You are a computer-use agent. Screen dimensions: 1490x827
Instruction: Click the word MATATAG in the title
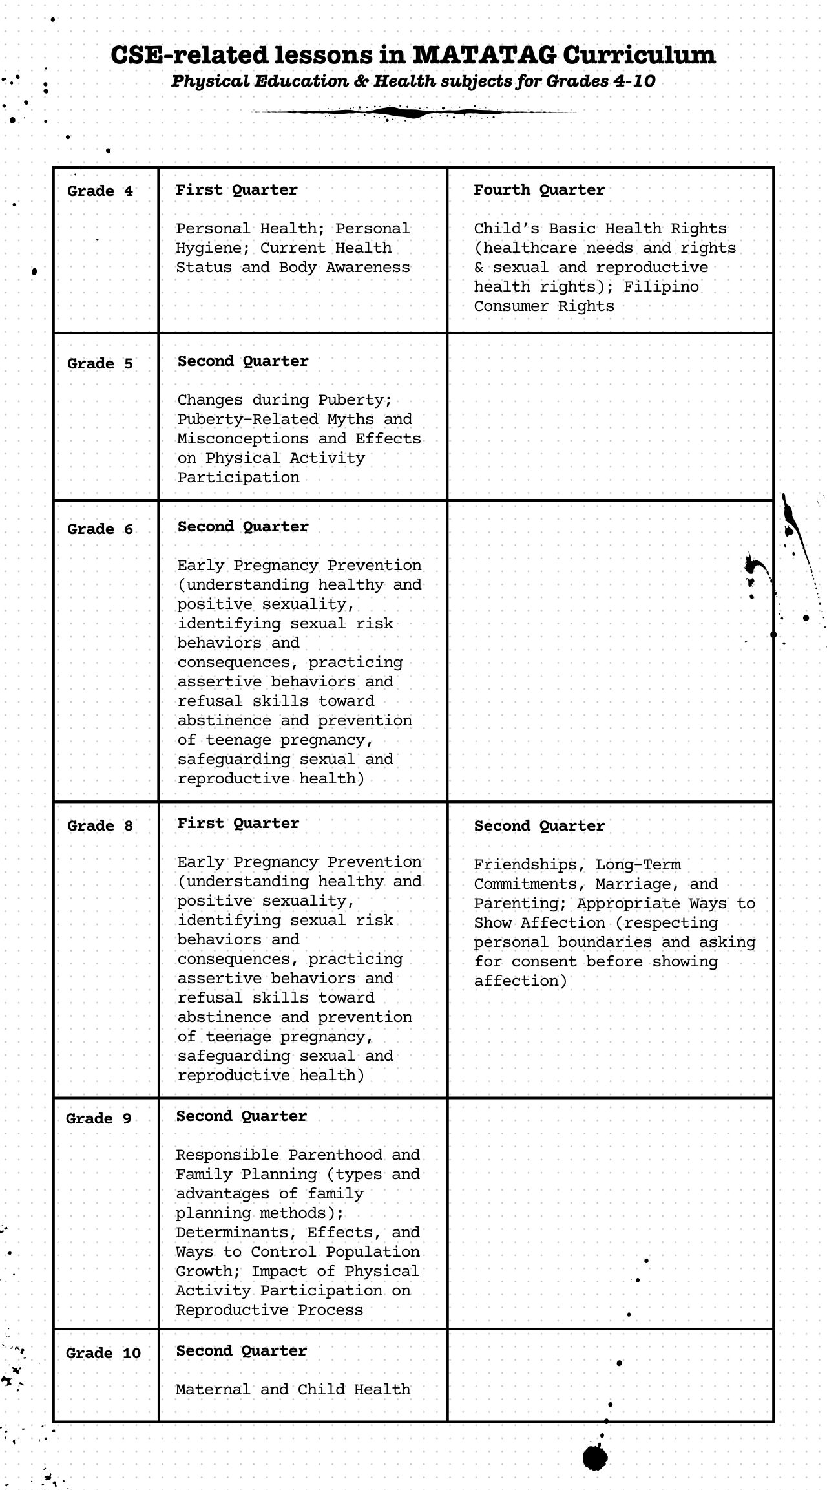click(x=484, y=56)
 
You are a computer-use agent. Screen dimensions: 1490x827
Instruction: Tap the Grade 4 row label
click(x=100, y=191)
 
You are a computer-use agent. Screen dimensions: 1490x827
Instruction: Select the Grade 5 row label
click(x=100, y=364)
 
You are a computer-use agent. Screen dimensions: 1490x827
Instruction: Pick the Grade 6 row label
click(x=100, y=529)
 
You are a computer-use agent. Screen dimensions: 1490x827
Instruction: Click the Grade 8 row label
click(x=100, y=826)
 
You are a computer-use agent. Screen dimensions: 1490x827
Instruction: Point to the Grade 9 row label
click(x=99, y=1119)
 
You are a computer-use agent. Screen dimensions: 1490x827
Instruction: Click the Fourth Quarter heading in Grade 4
click(x=539, y=190)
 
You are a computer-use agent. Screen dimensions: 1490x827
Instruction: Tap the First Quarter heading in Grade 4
click(x=236, y=190)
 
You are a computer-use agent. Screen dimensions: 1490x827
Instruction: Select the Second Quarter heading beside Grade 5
click(x=243, y=361)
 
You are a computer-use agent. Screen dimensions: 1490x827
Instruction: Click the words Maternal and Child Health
click(x=293, y=1390)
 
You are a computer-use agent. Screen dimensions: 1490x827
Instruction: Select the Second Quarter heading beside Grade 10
click(x=242, y=1351)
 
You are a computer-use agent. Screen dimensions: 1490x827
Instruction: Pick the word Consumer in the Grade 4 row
click(x=510, y=306)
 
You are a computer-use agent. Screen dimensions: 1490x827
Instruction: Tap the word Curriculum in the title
click(x=639, y=56)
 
